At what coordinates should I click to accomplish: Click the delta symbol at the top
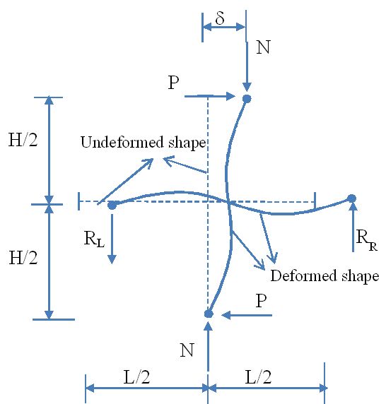[220, 18]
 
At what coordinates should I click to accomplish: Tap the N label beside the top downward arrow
[263, 47]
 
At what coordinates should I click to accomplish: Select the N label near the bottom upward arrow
[187, 350]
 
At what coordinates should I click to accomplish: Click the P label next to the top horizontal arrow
[173, 83]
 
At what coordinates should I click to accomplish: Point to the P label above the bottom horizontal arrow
[261, 300]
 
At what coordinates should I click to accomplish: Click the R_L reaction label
[94, 239]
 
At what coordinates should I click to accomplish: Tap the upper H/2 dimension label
[23, 140]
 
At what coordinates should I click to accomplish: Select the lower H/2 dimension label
[23, 258]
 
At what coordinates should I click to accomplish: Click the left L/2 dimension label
[136, 377]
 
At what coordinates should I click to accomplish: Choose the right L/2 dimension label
[258, 377]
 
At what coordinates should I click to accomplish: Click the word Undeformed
[122, 142]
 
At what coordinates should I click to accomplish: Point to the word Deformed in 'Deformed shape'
[304, 275]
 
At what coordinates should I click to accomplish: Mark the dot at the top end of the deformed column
[247, 98]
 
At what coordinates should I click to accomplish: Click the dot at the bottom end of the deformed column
[209, 314]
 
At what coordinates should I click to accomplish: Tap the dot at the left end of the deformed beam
[112, 206]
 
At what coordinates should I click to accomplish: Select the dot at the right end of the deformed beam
[351, 198]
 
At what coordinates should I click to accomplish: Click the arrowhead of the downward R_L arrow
[112, 259]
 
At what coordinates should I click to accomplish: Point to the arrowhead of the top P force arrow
[230, 96]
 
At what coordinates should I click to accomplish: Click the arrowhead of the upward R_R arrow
[353, 207]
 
